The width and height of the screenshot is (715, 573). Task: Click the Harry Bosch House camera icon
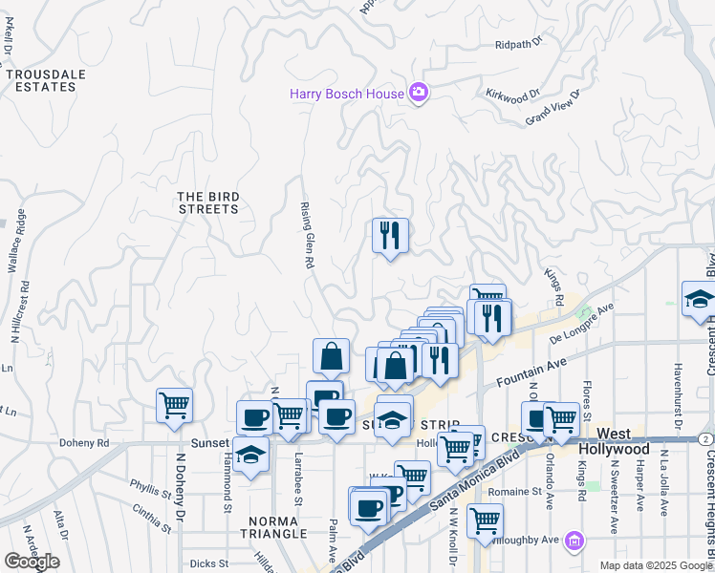coord(418,93)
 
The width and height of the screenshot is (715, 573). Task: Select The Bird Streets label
coord(208,202)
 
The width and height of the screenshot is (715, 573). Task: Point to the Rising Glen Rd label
coord(309,235)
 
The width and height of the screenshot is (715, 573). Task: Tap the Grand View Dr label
coord(553,107)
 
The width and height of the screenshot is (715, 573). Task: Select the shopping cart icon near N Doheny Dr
coord(174,404)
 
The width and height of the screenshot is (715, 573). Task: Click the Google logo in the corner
coord(32,562)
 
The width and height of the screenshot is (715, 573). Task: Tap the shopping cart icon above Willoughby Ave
coord(485,520)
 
